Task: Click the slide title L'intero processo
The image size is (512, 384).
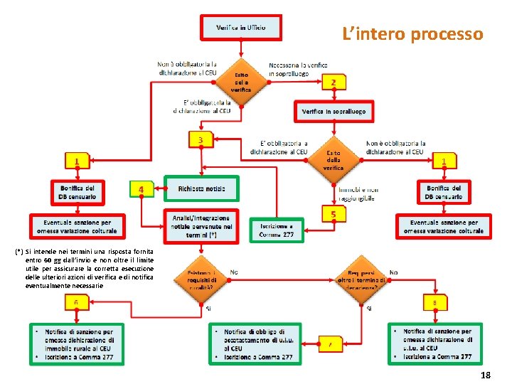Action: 412,33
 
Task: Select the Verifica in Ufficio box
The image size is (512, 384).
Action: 242,27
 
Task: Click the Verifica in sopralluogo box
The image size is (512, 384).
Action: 334,112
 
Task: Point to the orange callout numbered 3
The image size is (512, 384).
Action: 201,140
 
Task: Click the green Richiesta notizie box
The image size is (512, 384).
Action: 201,188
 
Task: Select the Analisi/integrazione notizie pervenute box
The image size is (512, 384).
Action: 201,226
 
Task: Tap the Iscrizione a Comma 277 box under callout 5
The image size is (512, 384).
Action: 276,230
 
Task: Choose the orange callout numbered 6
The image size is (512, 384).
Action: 75,304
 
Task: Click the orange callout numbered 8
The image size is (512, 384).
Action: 434,304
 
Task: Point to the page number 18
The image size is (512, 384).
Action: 486,375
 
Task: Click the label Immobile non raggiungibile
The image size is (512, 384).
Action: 358,194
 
